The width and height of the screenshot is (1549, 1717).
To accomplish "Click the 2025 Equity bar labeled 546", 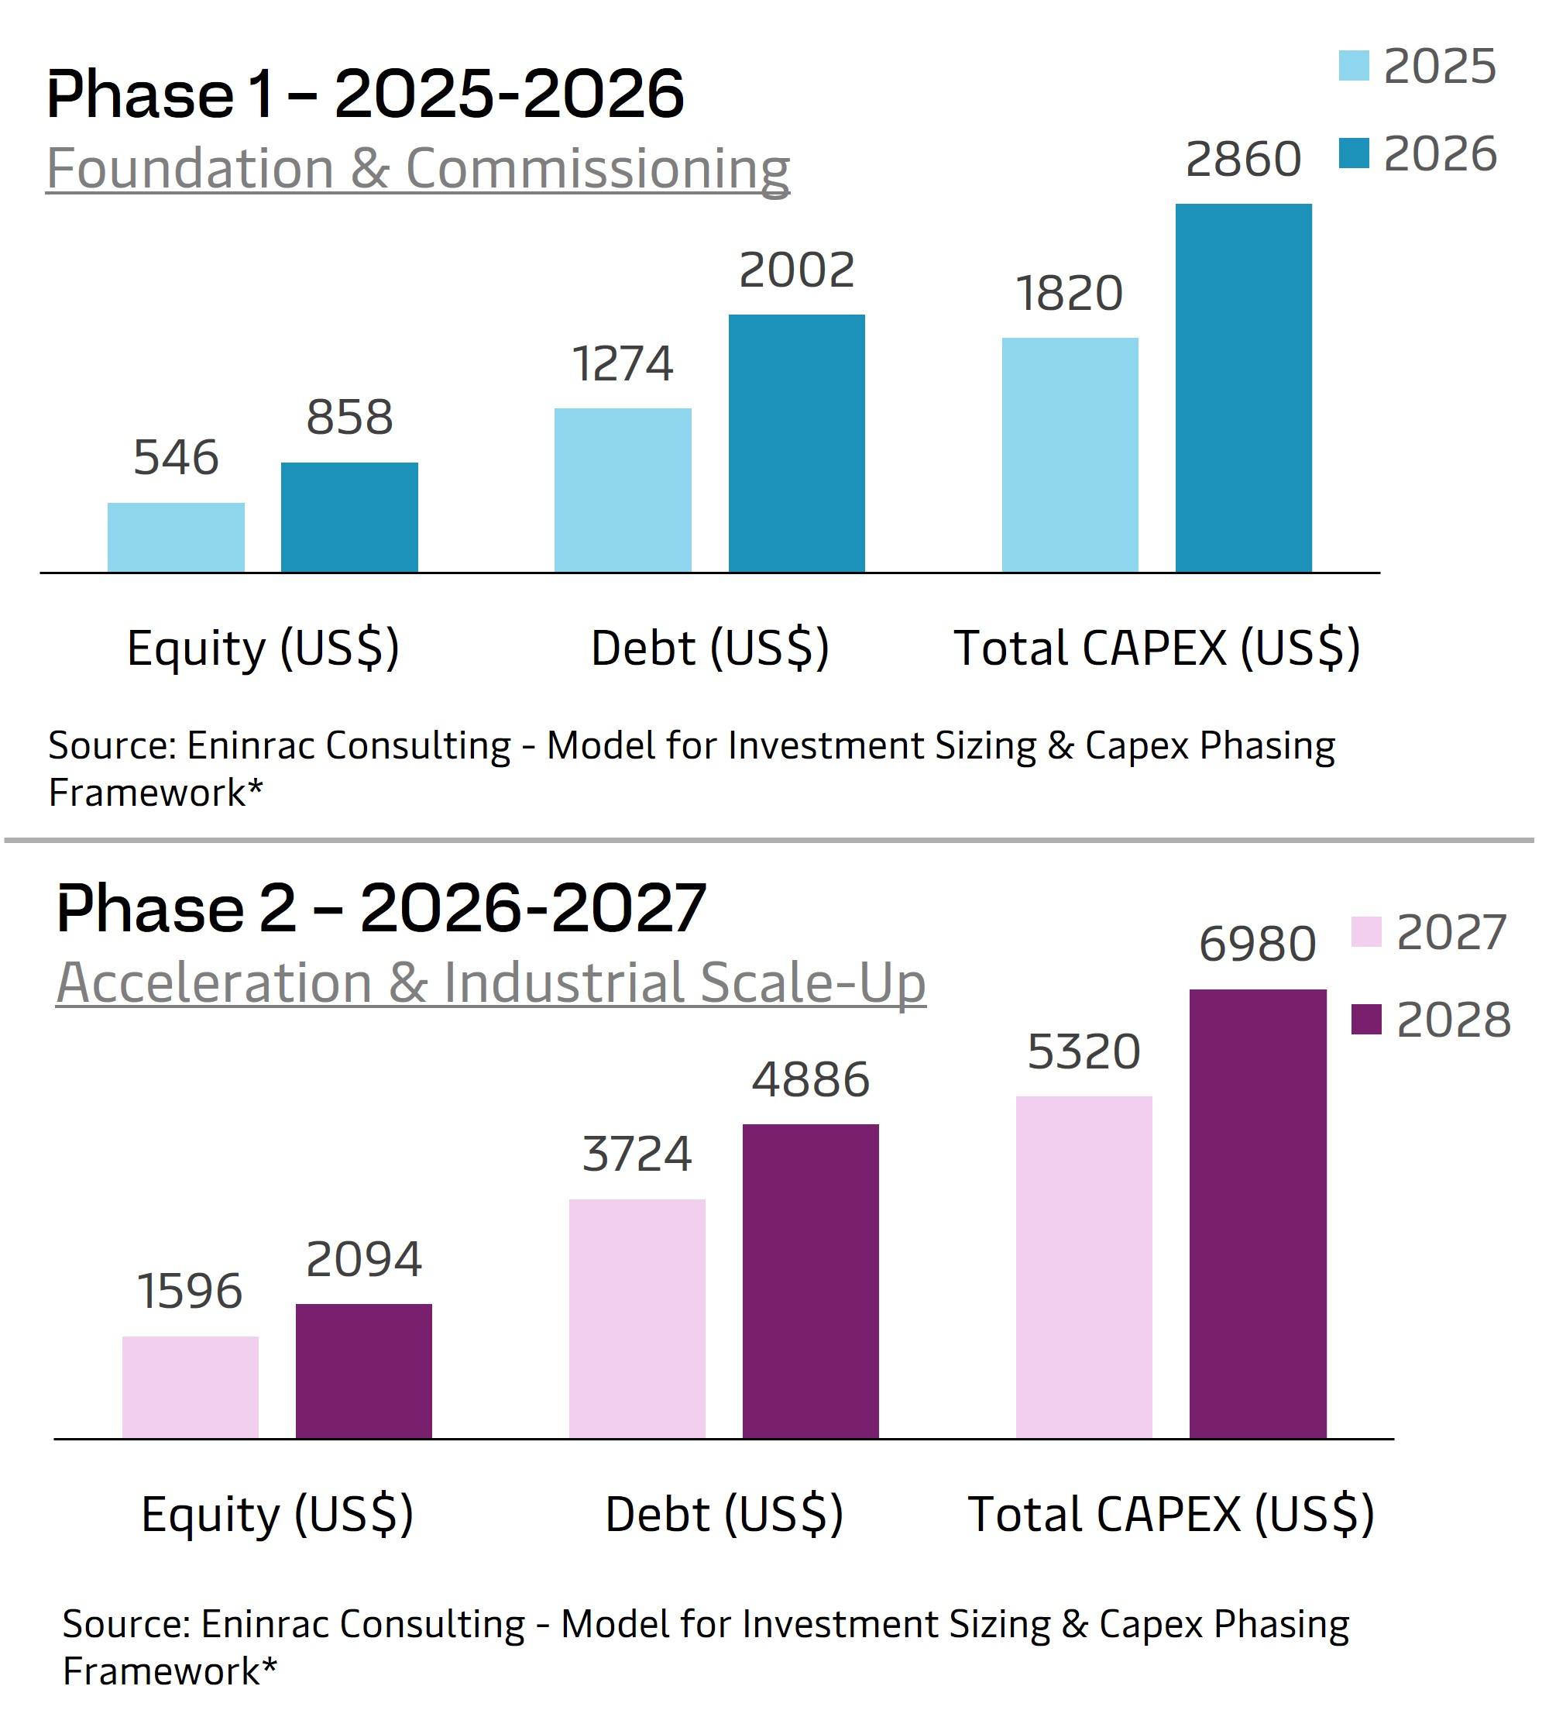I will click(x=176, y=538).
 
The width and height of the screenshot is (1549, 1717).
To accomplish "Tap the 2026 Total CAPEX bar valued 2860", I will click(x=1243, y=388).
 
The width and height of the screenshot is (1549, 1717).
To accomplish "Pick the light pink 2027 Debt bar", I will click(x=637, y=1319).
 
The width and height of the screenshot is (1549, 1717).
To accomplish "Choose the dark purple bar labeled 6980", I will click(x=1258, y=1214).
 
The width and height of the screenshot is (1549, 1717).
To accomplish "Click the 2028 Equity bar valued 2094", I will click(x=364, y=1371).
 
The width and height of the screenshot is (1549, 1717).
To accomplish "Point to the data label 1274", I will click(x=622, y=364).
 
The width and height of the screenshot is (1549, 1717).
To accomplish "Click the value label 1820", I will click(x=1070, y=294).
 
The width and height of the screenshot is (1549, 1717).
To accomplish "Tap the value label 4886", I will click(x=810, y=1080).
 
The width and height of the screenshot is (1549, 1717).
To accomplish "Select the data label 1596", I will click(x=190, y=1292).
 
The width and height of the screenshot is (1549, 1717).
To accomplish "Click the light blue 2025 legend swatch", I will click(x=1353, y=67).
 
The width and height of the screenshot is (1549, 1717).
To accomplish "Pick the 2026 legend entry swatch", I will click(x=1353, y=154).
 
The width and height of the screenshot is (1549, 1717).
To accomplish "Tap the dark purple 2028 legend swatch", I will click(x=1366, y=1020).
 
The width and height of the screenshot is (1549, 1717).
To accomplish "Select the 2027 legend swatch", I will click(x=1366, y=932).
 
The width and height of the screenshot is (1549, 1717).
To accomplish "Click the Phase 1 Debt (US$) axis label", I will click(x=709, y=648).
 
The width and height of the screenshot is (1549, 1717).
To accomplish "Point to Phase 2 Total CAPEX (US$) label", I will click(x=1171, y=1515).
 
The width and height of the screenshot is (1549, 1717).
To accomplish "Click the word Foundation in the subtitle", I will click(x=190, y=169).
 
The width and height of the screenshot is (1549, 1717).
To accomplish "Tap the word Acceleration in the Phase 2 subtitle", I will click(x=215, y=983).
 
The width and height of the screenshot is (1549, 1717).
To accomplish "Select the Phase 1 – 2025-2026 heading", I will click(x=365, y=94).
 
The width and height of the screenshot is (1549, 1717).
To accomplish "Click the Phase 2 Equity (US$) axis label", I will click(x=277, y=1515).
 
